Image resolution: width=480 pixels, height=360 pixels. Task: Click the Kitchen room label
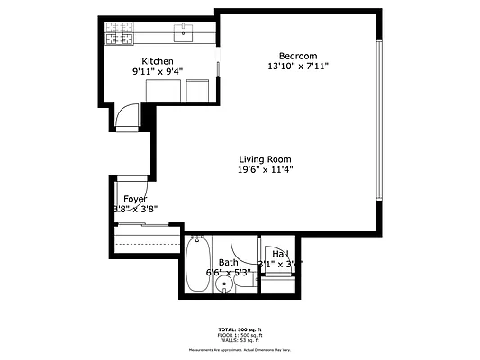coord(157,61)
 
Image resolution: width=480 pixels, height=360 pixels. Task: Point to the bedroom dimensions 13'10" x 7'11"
coord(296,66)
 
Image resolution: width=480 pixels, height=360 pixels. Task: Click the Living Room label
coord(265,159)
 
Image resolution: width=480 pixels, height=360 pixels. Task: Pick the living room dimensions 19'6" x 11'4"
coord(265,169)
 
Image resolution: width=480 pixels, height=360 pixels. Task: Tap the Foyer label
coord(135,199)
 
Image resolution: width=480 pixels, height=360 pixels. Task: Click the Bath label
coord(229,263)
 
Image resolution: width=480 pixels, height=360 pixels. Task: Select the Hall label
coord(280,255)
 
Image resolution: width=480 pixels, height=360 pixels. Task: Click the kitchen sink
coord(184,35)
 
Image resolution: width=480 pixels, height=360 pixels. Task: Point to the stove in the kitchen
coord(118,35)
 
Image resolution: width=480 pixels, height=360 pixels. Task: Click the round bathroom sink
coord(224,284)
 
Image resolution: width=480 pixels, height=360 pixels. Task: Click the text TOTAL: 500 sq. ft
coord(240,328)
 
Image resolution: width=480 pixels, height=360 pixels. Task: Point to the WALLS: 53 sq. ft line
coord(240,341)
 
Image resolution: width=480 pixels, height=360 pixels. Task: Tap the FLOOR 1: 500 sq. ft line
coord(240,335)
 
